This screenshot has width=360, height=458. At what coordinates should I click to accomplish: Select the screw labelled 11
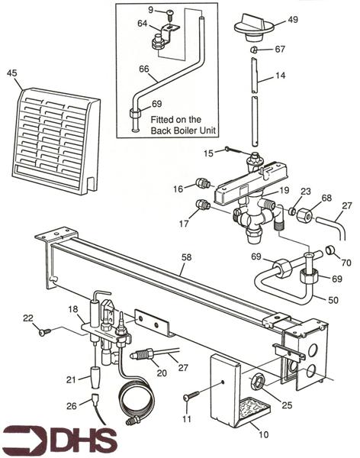[191, 396]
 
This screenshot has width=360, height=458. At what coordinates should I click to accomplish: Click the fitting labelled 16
[204, 184]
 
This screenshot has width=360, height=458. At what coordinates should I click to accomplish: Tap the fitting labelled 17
[204, 205]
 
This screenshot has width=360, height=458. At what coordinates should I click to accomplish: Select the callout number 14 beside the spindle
[281, 76]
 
